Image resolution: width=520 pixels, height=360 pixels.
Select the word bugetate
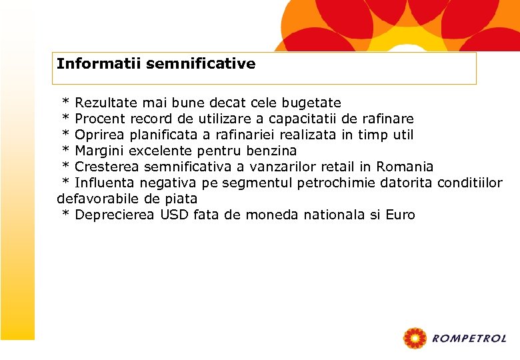311,103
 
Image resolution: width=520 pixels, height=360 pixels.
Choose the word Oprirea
99,135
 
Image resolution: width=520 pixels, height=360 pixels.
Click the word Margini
99,151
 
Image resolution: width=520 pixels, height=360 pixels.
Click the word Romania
405,167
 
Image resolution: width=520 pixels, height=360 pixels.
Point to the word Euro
400,215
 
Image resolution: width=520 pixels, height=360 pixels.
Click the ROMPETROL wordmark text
469,339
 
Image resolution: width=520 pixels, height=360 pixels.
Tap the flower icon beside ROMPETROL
415,339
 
